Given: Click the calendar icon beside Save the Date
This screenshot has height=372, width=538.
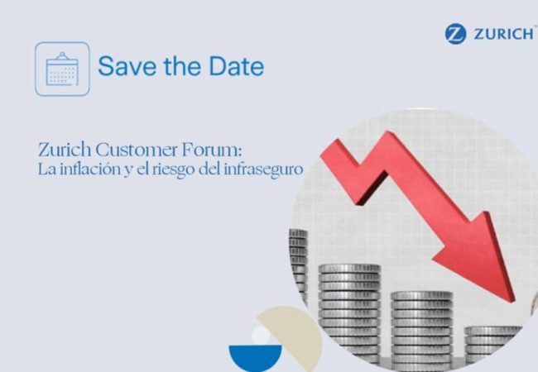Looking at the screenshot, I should coord(62,69).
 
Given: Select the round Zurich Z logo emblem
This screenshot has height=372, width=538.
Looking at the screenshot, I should coord(455,34).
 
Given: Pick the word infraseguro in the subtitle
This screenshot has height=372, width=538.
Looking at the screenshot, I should coord(270,169).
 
